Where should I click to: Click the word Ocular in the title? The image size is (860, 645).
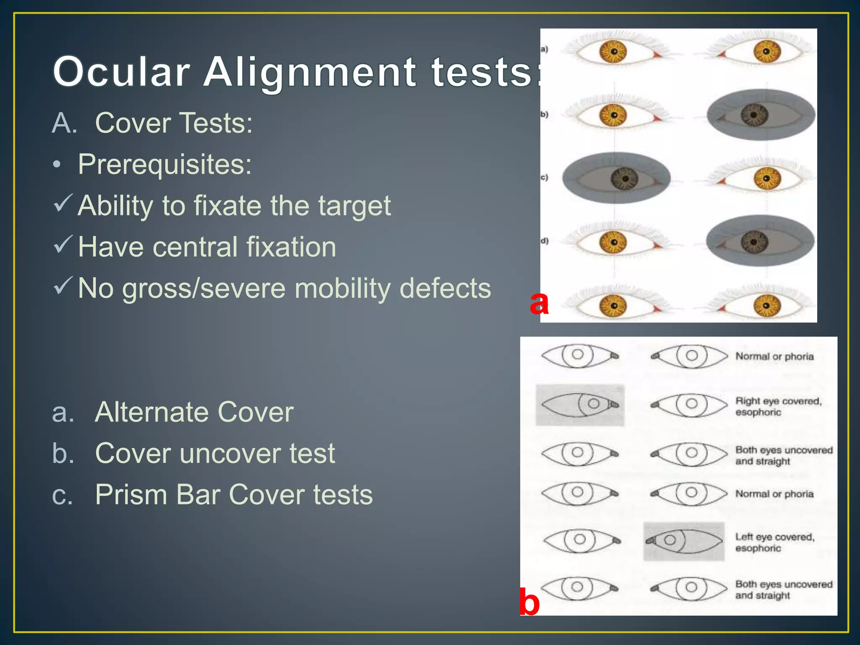coord(121,72)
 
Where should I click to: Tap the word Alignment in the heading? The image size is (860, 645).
coord(310,72)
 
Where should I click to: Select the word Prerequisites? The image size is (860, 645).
coord(165,164)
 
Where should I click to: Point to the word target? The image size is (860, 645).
coord(354,206)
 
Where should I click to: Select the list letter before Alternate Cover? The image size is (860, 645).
coord(63,412)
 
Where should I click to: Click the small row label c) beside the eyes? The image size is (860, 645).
coord(544,177)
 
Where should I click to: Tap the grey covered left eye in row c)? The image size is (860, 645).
coord(616,178)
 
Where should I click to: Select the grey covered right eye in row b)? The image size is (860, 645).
coord(761,115)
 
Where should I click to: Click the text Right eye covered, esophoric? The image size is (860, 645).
coord(778,406)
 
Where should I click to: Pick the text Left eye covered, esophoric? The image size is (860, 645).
coord(775,542)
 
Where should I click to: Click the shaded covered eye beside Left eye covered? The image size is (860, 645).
coord(684,541)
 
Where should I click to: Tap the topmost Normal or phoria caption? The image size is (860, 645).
coord(774,357)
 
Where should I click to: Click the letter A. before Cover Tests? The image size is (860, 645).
coord(65,123)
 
